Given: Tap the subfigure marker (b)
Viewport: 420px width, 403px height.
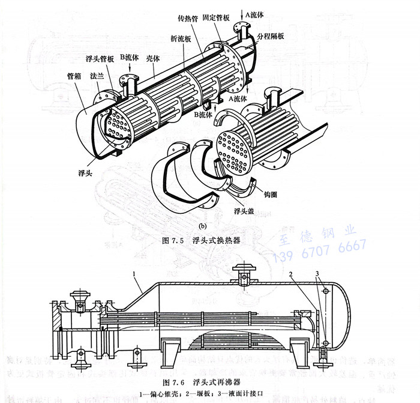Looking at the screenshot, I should [202, 226].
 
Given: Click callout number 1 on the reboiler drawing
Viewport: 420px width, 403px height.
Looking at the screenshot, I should [136, 273].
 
